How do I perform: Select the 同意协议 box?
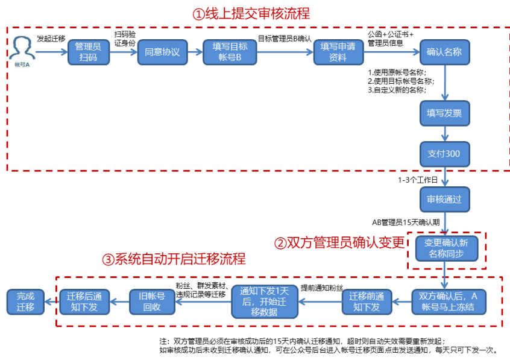pyautogui.click(x=162, y=52)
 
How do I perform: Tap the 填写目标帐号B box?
pyautogui.click(x=230, y=52)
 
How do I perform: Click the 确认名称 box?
pyautogui.click(x=444, y=52)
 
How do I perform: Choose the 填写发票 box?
pyautogui.click(x=444, y=112)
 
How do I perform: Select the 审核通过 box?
pyautogui.click(x=444, y=199)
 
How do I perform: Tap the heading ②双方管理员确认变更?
pyautogui.click(x=338, y=243)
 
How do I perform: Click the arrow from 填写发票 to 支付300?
pyautogui.click(x=444, y=133)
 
